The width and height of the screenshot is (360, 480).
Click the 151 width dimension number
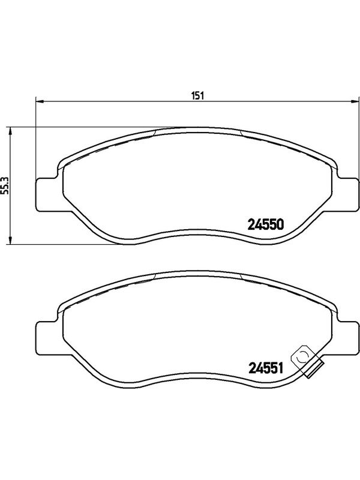(x=198, y=95)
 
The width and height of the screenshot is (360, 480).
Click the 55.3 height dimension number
(x=4, y=186)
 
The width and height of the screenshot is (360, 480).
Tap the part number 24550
(x=266, y=224)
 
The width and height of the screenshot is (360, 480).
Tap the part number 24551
(x=265, y=368)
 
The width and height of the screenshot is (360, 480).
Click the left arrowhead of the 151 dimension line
(x=40, y=101)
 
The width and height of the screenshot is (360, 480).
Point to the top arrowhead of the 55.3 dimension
(x=10, y=132)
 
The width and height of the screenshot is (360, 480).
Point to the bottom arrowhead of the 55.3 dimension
(x=10, y=240)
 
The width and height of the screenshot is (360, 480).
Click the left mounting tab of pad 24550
(x=47, y=194)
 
